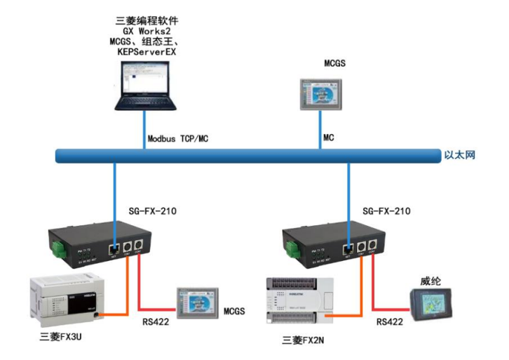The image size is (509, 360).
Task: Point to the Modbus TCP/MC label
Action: pos(178,138)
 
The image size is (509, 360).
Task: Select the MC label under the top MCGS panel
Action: pos(328,138)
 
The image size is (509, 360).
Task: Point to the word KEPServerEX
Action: pos(146,52)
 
